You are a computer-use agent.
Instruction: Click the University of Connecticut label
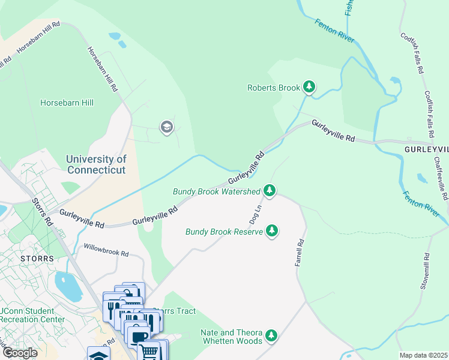pos(96,164)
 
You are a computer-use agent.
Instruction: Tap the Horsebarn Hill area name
pos(67,103)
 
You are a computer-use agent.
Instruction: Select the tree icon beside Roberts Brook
pos(309,88)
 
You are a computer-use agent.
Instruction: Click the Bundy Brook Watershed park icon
pos(270,191)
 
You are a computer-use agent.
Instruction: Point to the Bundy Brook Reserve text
pos(224,232)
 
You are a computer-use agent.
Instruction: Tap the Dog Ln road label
pos(255,211)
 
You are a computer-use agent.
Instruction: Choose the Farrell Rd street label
pos(300,255)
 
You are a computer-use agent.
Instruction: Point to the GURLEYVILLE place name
pos(427,149)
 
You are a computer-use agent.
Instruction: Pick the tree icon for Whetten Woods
pos(272,335)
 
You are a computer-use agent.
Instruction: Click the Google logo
pos(19,353)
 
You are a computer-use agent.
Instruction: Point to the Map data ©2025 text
pos(423,355)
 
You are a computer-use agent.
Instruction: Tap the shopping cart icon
pos(151,350)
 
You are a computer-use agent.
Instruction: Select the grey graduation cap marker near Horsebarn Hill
pos(166,127)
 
